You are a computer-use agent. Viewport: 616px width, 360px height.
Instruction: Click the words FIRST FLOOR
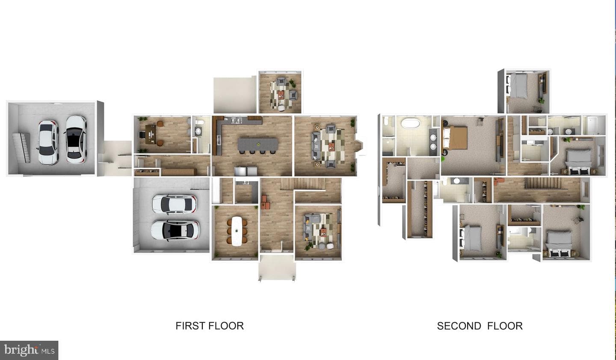210,326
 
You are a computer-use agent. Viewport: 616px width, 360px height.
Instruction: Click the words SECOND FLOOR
480,326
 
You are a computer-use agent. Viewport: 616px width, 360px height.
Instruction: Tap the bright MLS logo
29,350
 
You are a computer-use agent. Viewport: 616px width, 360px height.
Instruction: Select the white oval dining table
237,231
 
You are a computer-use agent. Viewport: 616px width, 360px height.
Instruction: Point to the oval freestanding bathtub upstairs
411,123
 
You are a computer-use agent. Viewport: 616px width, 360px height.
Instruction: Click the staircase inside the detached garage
22,148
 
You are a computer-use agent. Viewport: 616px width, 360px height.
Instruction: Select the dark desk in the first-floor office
150,134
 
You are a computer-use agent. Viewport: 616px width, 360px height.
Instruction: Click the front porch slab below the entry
277,267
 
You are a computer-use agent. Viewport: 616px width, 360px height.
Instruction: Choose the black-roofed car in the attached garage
175,231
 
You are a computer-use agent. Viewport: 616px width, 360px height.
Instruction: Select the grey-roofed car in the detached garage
48,143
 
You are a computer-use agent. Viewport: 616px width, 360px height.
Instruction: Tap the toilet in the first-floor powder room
200,122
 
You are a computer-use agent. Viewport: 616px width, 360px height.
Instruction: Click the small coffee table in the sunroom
281,95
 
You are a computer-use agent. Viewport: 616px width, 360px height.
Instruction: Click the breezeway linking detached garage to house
114,158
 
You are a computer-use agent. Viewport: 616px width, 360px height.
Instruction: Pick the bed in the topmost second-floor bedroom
517,85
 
